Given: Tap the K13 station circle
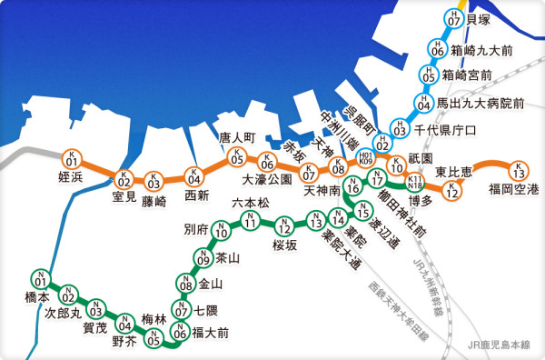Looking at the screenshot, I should point(518,170).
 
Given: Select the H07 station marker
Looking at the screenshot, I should point(453,17).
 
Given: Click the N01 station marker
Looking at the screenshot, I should point(40,280).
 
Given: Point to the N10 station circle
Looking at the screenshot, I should point(221,231).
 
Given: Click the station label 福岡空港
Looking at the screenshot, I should point(513,189).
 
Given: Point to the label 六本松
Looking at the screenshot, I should point(251,202).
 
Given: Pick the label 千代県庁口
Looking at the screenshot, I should point(445,131).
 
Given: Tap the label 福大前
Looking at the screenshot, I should point(211,333).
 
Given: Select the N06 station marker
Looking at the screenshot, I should point(181,334).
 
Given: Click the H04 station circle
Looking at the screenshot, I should point(422,104).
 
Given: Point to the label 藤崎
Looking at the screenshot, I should point(154,201).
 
